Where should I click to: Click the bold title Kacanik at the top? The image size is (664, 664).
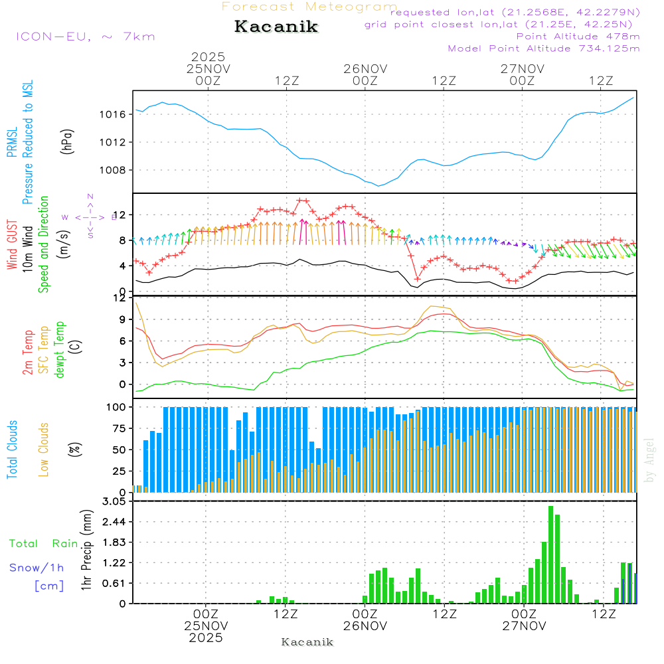coord(276,27)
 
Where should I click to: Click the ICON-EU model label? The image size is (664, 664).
coord(85,37)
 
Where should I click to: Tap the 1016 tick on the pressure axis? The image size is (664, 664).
coord(117,114)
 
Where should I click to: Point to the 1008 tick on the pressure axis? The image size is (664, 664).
coord(117,169)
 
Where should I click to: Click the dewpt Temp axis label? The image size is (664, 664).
coord(60,350)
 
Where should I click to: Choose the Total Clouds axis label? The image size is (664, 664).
coord(13,449)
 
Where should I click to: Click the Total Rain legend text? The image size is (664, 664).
coord(44,543)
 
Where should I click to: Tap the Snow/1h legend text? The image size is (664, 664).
coord(37,568)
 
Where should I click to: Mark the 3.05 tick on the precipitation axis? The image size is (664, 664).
coord(114,502)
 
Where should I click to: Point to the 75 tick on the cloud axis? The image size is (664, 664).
coord(117,428)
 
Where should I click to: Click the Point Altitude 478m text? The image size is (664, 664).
coord(578,37)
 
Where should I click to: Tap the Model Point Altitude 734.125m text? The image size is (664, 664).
coord(544,48)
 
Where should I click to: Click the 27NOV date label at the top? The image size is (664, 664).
coord(523,68)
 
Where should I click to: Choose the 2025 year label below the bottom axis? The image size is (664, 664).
coord(206,637)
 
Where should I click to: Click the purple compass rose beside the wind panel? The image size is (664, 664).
coord(90,216)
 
